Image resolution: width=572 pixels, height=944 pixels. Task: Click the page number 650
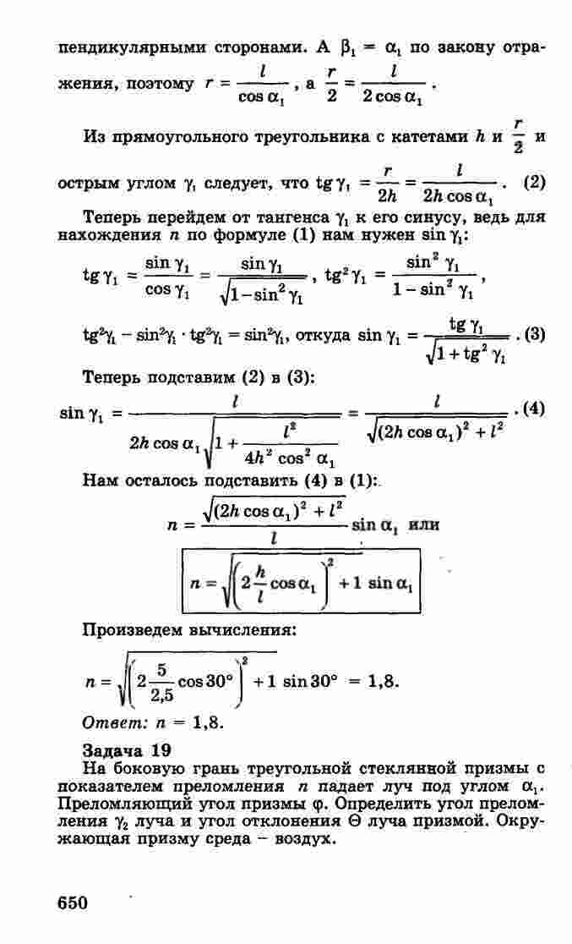coord(73,903)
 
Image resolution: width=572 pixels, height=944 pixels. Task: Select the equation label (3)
coord(534,333)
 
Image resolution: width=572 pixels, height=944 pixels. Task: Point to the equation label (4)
coord(534,410)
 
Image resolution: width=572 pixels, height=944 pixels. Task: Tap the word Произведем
coord(135,629)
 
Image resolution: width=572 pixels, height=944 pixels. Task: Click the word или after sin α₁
coord(423,524)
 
